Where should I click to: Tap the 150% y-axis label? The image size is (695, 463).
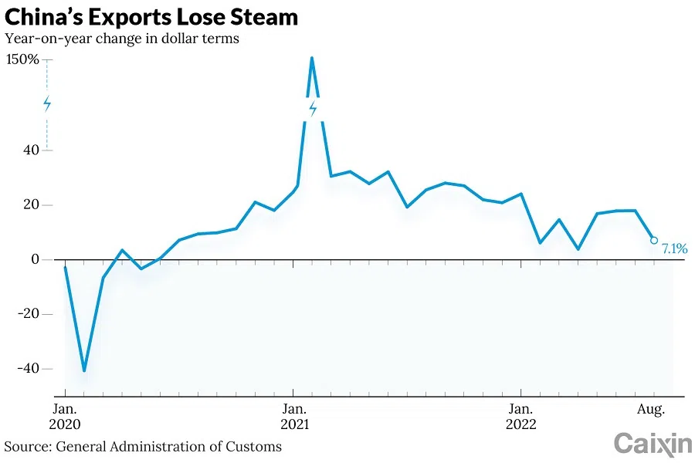tap(22, 59)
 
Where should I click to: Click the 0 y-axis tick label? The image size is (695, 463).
tap(34, 259)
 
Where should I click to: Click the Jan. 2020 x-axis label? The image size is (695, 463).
tap(65, 416)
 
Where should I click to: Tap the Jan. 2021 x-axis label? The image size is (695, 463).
tap(293, 416)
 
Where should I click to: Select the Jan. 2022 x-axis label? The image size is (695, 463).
tap(521, 416)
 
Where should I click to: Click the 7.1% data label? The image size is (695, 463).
tap(674, 248)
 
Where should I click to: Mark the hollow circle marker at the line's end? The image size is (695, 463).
tap(654, 240)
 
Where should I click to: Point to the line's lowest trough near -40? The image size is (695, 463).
tap(84, 370)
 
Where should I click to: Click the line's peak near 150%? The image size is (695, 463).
tap(312, 58)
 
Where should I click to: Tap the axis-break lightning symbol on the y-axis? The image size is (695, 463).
tap(47, 104)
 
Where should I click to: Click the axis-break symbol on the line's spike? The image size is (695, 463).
tap(313, 109)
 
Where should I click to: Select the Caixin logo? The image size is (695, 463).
tap(653, 444)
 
